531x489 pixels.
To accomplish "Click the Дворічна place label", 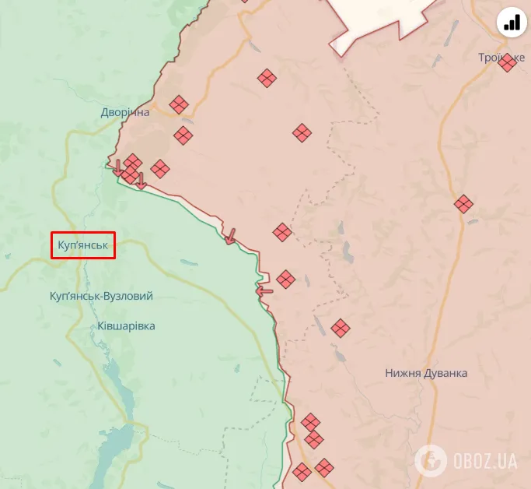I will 124,113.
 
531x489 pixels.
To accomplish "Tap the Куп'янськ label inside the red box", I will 82,246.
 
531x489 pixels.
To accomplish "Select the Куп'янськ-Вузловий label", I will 101,297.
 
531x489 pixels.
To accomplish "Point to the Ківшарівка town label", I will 127,326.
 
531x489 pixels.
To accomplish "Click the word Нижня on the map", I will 403,373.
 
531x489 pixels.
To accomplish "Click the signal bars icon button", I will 512,23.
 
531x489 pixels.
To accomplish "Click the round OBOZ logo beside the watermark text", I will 430,460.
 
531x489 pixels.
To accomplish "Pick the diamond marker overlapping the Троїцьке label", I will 508,63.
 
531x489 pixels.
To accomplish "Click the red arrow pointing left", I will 264,292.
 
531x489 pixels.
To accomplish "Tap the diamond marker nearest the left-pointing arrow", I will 285,280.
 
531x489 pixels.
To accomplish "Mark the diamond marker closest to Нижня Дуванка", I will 340,329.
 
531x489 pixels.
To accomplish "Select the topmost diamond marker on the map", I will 267,78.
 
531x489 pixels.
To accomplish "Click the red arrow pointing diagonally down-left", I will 229,236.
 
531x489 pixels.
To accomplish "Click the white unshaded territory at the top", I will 381,19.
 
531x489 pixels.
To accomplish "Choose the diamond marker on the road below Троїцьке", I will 463,204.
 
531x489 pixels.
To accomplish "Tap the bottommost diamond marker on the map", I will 302,472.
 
